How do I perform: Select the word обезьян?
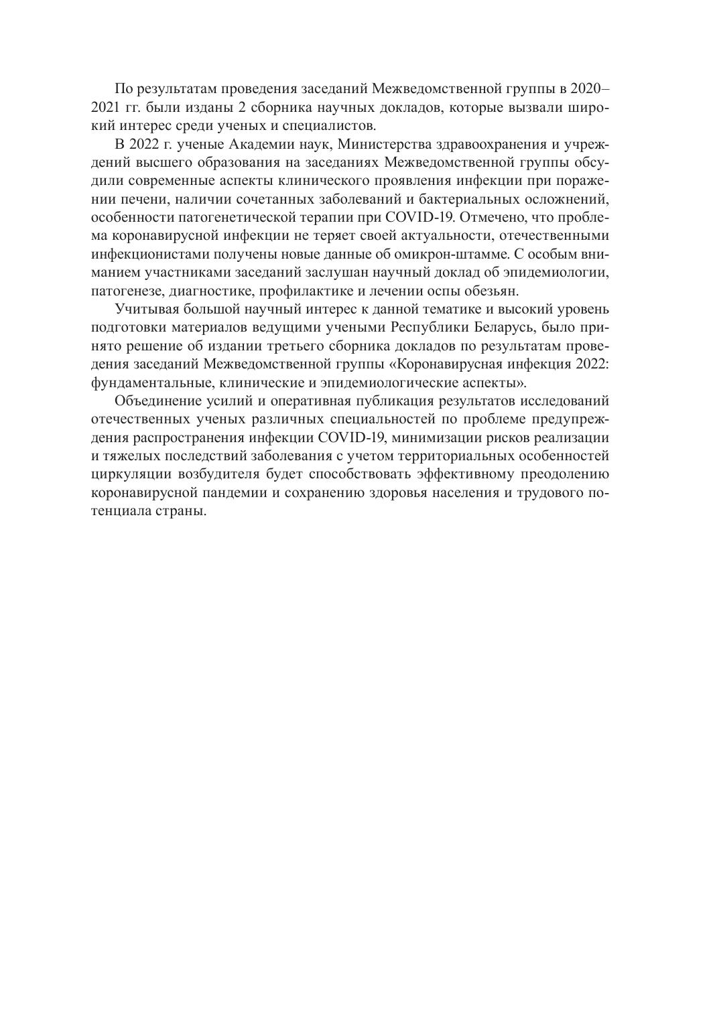coord(491,291)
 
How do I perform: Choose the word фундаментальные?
coord(151,383)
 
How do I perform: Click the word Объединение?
coord(155,402)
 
